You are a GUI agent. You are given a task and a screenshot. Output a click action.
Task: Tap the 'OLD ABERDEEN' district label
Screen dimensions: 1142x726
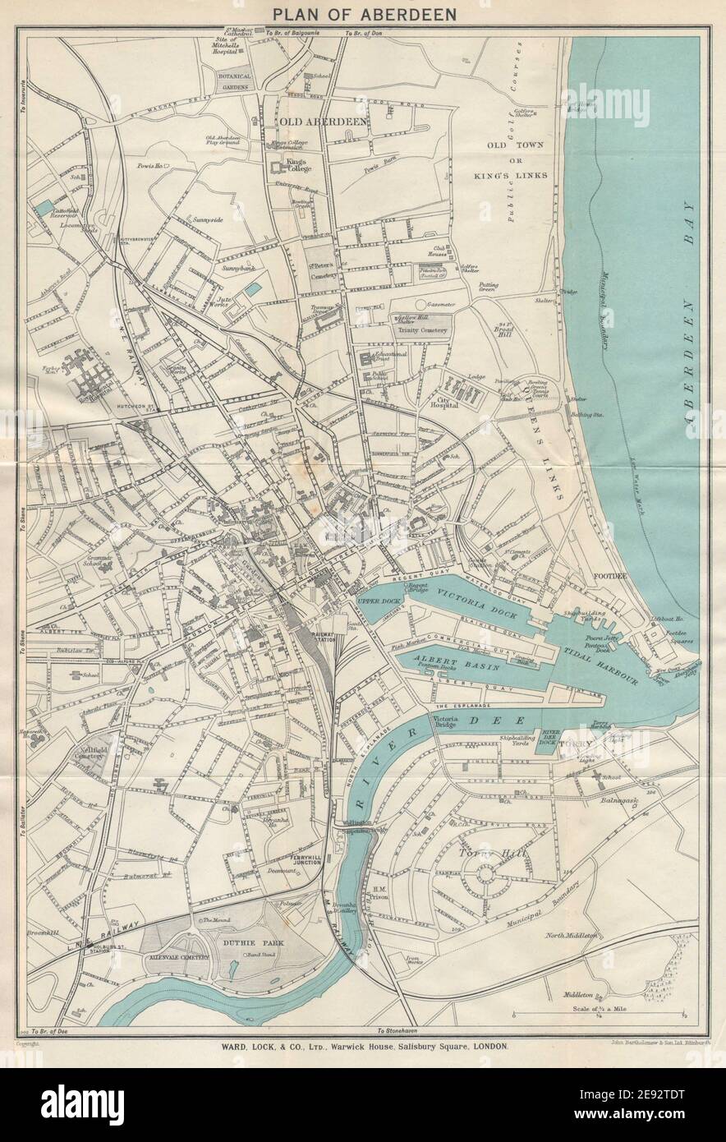coord(323,122)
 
